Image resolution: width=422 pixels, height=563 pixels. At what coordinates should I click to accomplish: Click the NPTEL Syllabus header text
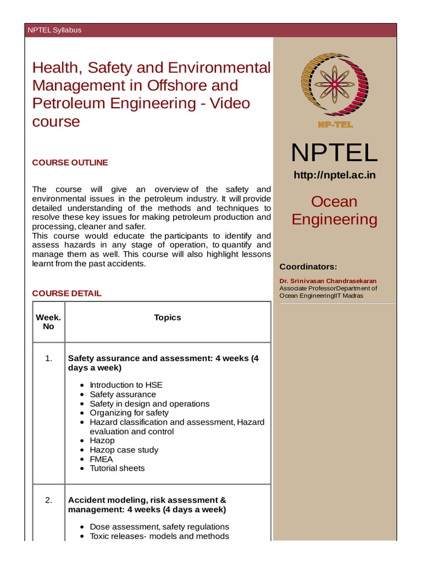point(54,30)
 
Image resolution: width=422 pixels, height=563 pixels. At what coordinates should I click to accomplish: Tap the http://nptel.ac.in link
point(334,175)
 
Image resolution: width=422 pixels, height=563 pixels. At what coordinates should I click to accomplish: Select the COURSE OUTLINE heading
point(70,163)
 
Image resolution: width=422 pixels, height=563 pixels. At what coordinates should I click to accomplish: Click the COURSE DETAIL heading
point(66,294)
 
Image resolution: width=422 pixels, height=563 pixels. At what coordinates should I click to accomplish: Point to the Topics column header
point(168,317)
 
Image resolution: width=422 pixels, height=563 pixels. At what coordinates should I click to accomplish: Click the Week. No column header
point(48,322)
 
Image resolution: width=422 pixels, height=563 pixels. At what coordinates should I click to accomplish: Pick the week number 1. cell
point(48,358)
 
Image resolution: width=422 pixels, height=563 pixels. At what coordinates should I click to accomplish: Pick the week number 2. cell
point(48,500)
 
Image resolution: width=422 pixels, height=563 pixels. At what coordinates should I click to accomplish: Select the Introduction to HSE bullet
point(126,385)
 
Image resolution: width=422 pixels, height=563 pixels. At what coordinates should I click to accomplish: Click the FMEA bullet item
point(101,459)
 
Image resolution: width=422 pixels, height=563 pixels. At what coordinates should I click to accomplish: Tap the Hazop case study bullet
point(124,450)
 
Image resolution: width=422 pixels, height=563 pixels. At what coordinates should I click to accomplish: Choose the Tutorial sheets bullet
point(117,468)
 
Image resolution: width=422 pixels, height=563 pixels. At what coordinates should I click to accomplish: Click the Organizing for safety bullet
point(129,413)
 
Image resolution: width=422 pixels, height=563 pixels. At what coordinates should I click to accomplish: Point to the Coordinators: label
point(308,267)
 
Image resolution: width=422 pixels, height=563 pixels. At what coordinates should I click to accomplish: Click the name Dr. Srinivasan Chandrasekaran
point(328,281)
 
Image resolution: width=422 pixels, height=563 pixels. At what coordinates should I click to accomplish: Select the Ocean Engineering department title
point(334,211)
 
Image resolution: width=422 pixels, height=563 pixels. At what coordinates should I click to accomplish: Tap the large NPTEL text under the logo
point(334,152)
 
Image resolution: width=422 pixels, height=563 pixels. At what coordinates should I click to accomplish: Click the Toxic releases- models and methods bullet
point(159,536)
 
